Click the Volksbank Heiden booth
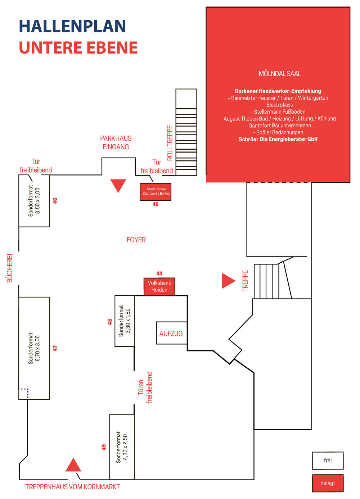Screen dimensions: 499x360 click(159, 286)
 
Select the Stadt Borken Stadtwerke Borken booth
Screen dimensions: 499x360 click(156, 191)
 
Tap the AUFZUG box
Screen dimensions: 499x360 click(171, 333)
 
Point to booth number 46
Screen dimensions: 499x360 click(55, 201)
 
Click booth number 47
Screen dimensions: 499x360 click(55, 348)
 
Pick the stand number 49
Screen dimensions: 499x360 click(104, 447)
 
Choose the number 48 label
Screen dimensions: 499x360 click(110, 322)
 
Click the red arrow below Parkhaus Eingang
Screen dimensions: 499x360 click(118, 185)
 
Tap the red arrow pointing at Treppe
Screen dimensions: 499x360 click(228, 281)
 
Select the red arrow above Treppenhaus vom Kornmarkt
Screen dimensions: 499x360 click(73, 465)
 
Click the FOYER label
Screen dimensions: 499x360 click(136, 240)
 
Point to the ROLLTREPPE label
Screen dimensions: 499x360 click(170, 143)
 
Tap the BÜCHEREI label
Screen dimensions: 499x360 click(10, 268)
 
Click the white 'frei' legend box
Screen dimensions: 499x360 click(328, 461)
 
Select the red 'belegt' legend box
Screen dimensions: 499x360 click(328, 483)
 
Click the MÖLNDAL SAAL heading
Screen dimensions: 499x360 click(280, 74)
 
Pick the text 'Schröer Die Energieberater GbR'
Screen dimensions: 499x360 click(278, 139)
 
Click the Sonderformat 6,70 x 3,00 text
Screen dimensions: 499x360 click(34, 348)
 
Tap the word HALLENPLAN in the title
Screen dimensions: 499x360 click(72, 26)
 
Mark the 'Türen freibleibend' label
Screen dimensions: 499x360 click(145, 387)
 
